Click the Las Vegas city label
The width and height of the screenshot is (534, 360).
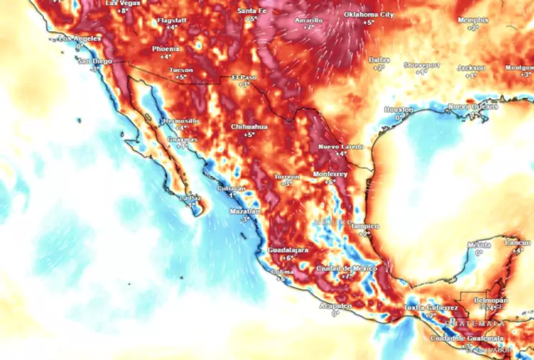(x=122, y=3)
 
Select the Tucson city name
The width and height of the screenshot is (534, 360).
(x=180, y=69)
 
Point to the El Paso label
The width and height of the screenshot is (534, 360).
(x=245, y=77)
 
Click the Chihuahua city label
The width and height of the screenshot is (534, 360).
(x=249, y=126)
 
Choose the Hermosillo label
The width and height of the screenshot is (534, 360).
(x=180, y=120)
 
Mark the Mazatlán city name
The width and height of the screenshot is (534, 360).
(x=245, y=211)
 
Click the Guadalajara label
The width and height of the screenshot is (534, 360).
(x=289, y=250)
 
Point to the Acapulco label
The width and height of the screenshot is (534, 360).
(x=335, y=306)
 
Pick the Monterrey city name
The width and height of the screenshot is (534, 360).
(x=331, y=175)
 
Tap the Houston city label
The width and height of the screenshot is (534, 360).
(x=398, y=109)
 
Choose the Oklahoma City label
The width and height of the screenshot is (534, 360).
(x=369, y=14)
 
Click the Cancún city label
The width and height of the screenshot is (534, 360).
(x=517, y=242)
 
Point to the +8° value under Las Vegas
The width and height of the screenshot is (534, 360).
(x=123, y=12)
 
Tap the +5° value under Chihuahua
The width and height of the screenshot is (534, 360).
(x=249, y=135)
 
